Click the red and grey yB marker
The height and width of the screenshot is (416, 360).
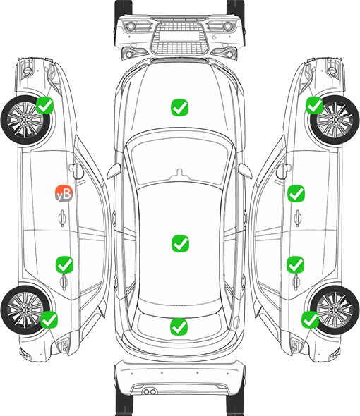[64, 193]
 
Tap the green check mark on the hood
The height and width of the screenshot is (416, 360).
[179, 107]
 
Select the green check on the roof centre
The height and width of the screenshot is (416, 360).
[180, 243]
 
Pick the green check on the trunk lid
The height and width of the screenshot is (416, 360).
[179, 326]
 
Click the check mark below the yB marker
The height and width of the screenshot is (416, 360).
[64, 264]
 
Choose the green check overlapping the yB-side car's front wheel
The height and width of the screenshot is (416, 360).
[45, 106]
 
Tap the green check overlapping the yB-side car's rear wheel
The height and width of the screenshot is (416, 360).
[49, 319]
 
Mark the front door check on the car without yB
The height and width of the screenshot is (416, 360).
[296, 193]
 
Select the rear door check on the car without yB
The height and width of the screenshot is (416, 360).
[296, 264]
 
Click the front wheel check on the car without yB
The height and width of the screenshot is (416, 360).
[315, 105]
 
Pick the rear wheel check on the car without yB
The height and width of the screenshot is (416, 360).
[310, 319]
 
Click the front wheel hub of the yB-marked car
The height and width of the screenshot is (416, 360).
[25, 120]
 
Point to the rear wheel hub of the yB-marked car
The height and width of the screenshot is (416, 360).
[25, 310]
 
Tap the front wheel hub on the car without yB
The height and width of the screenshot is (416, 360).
[335, 120]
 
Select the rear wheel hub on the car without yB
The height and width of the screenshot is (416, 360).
[335, 310]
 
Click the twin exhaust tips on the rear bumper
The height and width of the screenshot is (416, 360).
[150, 391]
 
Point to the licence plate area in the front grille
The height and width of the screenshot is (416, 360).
[179, 36]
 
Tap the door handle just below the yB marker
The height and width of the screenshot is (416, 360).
[62, 218]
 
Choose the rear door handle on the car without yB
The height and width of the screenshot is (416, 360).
[296, 282]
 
